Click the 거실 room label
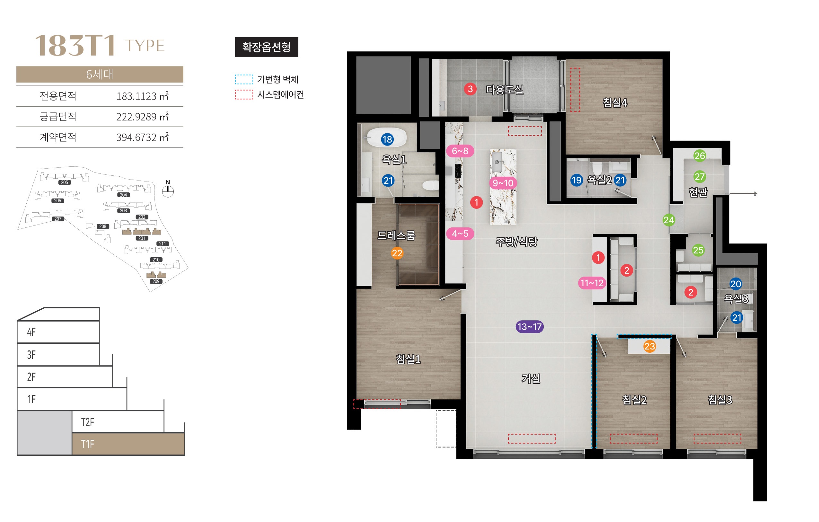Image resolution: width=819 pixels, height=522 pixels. click(531, 378)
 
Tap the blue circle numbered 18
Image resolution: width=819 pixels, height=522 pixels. click(387, 139)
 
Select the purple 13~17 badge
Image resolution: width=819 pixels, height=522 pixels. click(530, 327)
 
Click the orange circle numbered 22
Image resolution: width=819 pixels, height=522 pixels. click(397, 253)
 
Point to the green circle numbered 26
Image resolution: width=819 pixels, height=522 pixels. click(700, 156)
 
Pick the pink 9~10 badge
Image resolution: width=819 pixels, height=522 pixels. click(503, 183)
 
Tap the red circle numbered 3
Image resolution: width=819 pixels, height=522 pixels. click(470, 89)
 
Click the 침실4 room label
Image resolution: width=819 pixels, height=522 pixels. click(615, 103)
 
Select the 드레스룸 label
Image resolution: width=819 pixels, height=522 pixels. click(396, 235)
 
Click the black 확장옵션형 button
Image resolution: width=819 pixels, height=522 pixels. click(267, 47)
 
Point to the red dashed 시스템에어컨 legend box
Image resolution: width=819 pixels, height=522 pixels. click(244, 94)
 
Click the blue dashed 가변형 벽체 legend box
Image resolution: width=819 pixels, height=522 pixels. click(244, 79)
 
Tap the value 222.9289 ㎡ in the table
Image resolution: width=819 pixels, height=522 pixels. click(142, 117)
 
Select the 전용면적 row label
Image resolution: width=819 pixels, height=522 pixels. click(58, 96)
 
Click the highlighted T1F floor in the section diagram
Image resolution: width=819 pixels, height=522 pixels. click(128, 444)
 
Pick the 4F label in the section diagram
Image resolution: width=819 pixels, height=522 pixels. click(31, 332)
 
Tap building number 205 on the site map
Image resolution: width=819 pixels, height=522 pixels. click(65, 182)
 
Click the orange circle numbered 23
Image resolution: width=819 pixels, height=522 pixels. click(650, 346)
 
